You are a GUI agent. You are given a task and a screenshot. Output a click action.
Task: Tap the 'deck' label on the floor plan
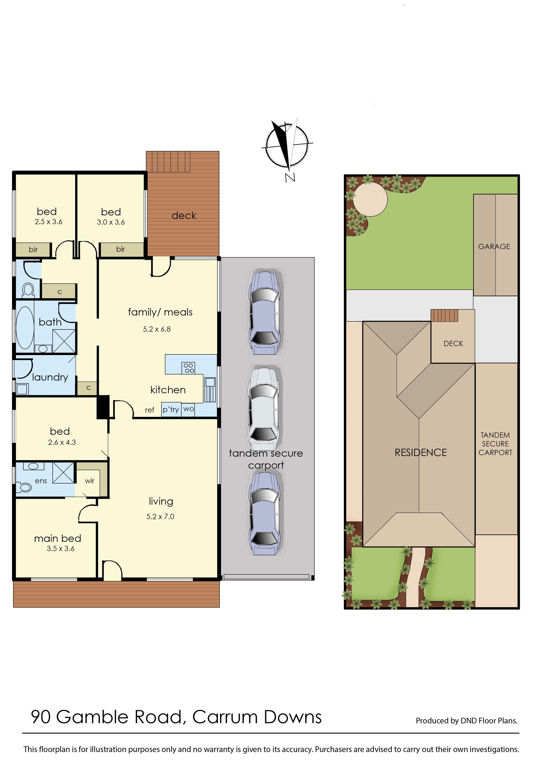[184, 216]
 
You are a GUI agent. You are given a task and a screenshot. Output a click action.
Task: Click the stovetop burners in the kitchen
[189, 368]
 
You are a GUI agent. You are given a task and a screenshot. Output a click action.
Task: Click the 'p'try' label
[171, 409]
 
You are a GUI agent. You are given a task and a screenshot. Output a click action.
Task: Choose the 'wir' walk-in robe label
[89, 481]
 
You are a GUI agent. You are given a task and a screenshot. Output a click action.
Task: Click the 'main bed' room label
[58, 538]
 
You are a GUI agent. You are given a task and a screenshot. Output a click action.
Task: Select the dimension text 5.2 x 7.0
[160, 517]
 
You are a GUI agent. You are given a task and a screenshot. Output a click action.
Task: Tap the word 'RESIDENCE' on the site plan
[421, 453]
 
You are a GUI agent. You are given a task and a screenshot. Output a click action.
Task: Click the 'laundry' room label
[50, 377]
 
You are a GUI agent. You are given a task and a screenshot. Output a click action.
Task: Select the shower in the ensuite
[63, 473]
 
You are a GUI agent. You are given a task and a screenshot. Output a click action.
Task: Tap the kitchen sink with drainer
[210, 390]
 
